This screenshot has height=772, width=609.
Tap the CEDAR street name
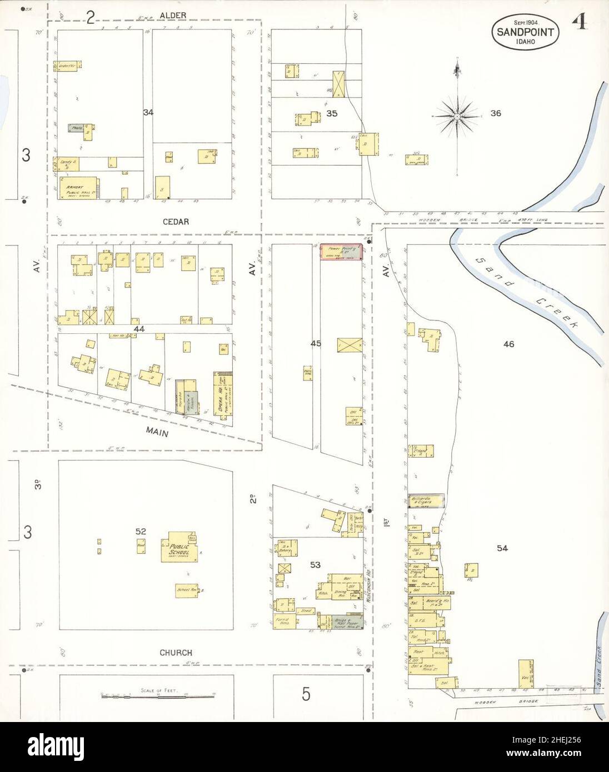tap(176, 222)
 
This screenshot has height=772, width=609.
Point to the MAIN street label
tap(157, 430)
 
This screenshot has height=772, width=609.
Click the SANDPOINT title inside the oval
tap(525, 32)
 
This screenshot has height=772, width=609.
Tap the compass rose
tap(456, 116)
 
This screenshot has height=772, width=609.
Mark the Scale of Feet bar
tap(159, 695)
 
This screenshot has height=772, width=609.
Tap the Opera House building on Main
tap(222, 394)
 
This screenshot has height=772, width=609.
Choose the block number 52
tap(141, 532)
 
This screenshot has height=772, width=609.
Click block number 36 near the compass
tap(496, 113)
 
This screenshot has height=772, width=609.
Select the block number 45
tap(316, 344)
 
